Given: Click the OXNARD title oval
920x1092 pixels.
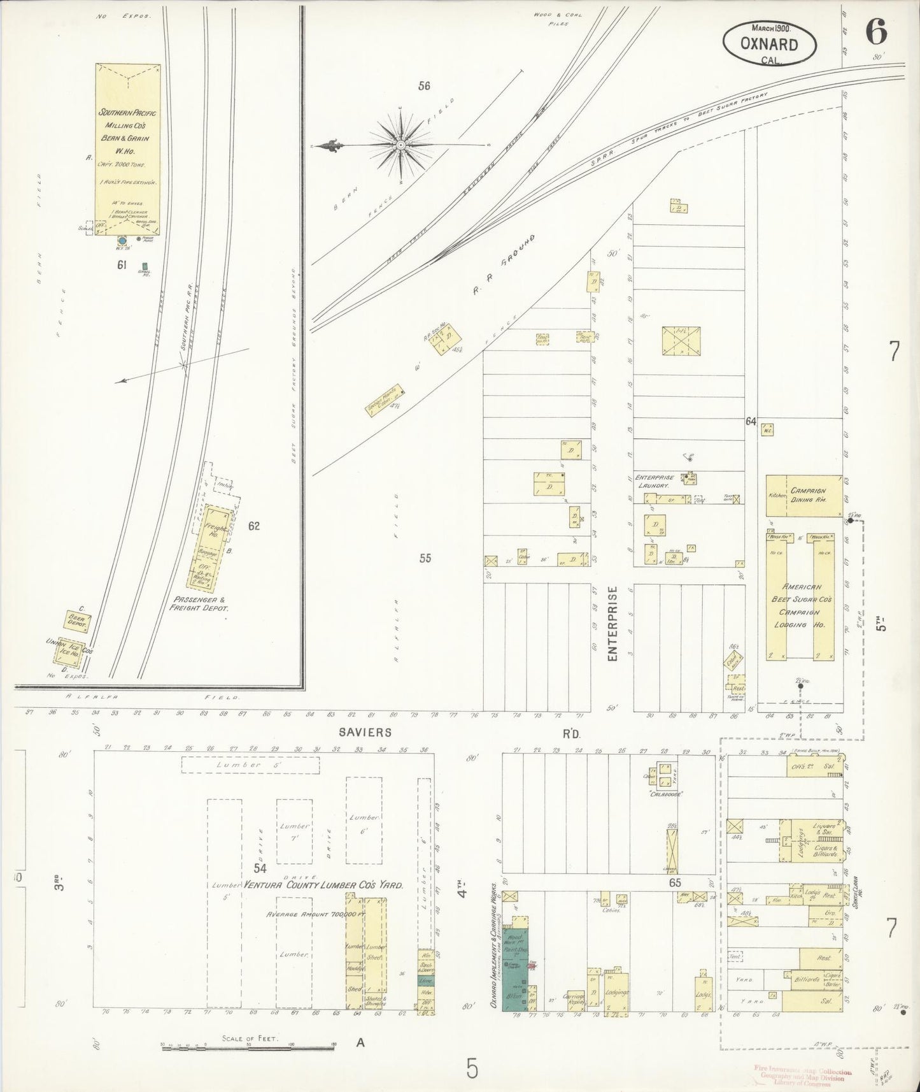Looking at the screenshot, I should coord(769,43).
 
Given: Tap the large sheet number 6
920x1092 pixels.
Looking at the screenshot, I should coord(876,32).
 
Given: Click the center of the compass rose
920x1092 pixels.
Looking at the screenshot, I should coord(400,146).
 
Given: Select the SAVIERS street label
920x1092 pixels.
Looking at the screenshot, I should coord(365,733).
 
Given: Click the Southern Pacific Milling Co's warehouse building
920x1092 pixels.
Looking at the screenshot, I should coord(128,149).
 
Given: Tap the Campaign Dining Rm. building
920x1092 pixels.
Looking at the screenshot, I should coord(804,495).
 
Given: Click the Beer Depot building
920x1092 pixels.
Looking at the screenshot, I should coord(78,621).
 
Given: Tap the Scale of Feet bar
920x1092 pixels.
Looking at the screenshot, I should coord(248,1046).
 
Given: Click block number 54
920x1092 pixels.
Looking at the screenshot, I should coord(260,868).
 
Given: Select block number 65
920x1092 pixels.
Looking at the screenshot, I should coord(676,883).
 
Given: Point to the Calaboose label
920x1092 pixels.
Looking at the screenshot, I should coord(666,794).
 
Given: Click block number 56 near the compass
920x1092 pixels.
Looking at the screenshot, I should coord(424,86).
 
